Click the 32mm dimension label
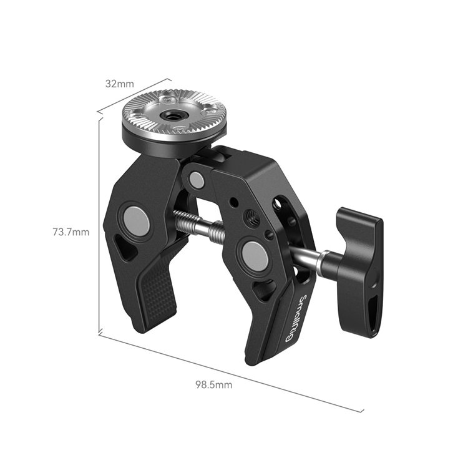click(x=120, y=83)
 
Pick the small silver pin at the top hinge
click(x=197, y=181)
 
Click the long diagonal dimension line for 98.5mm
click(x=231, y=372)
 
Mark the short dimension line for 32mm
click(x=134, y=95)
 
